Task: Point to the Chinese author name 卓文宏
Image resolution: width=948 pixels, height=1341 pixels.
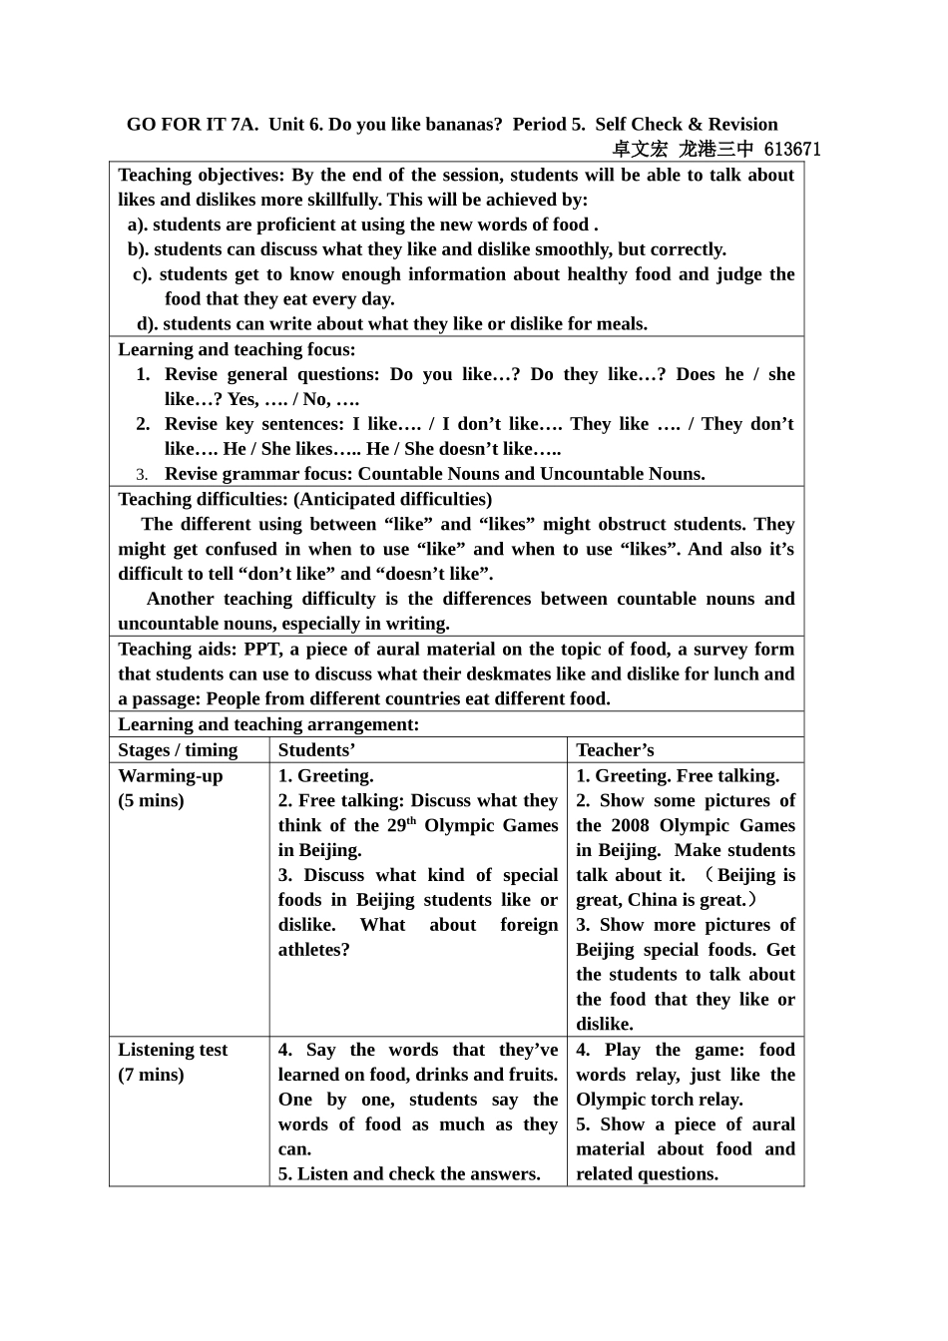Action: click(640, 150)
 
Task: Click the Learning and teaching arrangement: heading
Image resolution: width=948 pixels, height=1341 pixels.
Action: click(268, 724)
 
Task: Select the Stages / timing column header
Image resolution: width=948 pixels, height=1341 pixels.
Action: click(178, 750)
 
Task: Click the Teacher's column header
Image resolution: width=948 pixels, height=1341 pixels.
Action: click(615, 750)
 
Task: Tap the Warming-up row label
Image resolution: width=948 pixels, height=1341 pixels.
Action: click(171, 775)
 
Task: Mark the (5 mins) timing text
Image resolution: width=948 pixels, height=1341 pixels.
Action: click(151, 800)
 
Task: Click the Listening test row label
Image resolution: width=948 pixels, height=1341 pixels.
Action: click(173, 1050)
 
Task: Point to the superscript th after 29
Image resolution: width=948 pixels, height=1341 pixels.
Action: click(411, 821)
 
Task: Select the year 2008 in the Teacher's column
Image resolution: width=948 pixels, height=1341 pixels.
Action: click(630, 825)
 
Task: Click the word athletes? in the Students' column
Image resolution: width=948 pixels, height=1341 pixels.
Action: click(314, 950)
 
